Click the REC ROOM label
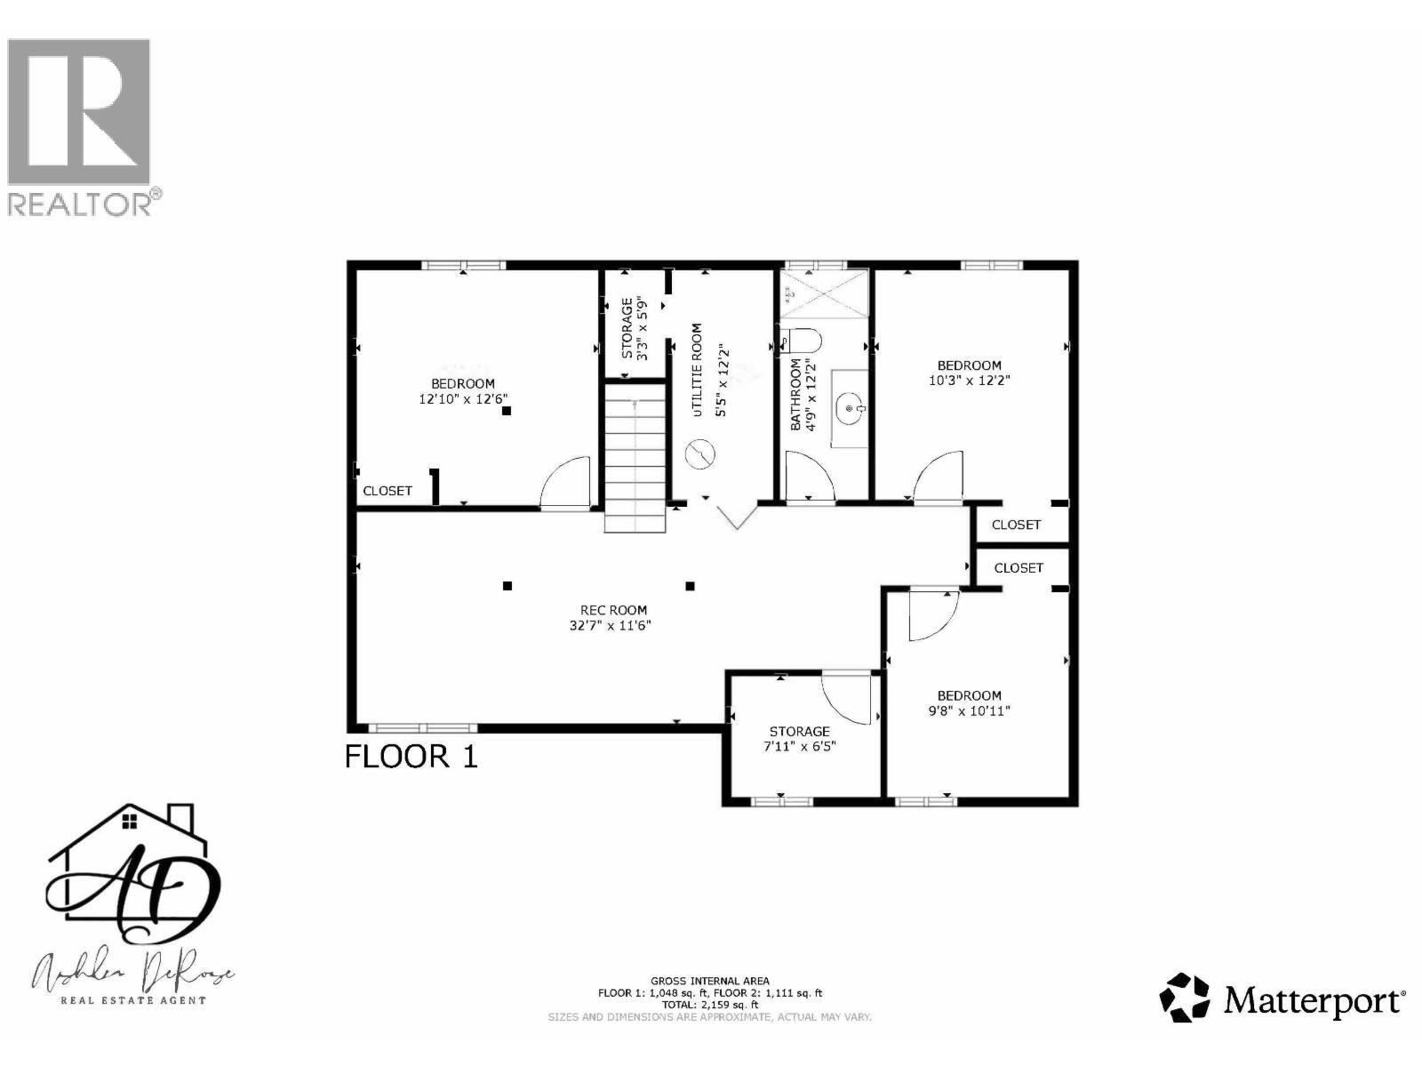613,610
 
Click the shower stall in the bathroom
822,293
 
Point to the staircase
635,453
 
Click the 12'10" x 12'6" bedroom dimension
463,399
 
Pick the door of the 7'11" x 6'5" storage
846,698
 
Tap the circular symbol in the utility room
700,454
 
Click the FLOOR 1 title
411,757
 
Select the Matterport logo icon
1186,998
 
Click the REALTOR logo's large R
78,110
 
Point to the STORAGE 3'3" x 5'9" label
635,328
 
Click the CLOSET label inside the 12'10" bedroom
387,491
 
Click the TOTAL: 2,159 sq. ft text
709,1004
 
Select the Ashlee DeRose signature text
133,975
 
